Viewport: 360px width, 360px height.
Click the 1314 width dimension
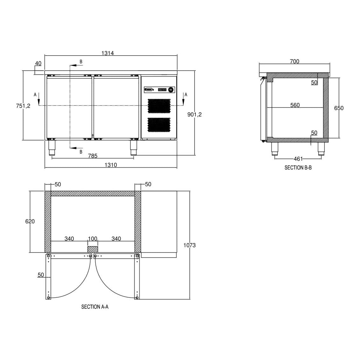(x=107, y=53)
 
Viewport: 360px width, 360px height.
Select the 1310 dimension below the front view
(x=111, y=165)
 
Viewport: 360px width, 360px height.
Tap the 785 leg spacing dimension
(x=93, y=156)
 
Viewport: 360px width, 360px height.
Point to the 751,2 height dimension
(x=23, y=106)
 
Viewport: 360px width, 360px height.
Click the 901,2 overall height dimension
(x=194, y=114)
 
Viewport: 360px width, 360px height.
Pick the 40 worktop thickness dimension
(x=38, y=63)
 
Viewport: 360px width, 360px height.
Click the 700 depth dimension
(x=294, y=61)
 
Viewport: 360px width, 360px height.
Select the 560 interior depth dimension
(x=295, y=105)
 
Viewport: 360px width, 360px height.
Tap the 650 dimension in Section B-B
(x=339, y=108)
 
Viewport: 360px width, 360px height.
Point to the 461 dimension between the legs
(x=298, y=159)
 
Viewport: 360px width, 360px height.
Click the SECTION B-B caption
(x=298, y=168)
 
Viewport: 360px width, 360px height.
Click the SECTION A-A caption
(x=95, y=307)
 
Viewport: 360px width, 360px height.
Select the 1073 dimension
(x=190, y=245)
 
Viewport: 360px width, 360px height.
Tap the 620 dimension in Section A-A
(x=30, y=221)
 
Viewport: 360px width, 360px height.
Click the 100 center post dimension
(x=93, y=239)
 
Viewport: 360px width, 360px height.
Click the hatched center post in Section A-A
(x=93, y=249)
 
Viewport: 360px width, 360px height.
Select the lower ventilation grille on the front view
(x=159, y=125)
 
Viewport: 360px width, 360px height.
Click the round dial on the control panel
(x=171, y=90)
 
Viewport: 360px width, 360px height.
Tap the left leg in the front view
(x=52, y=148)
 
